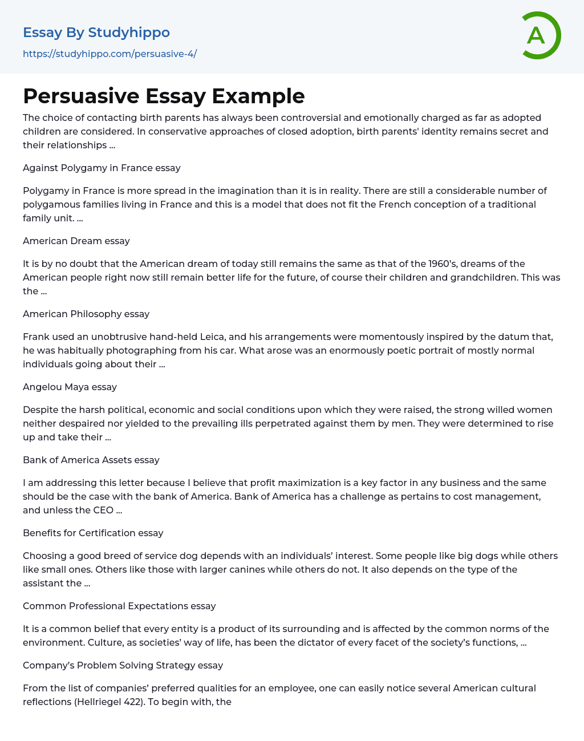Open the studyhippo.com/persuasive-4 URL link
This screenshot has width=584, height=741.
coord(109,54)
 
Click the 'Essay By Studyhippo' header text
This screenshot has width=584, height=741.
coord(96,33)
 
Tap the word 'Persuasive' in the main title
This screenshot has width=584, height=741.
coord(80,96)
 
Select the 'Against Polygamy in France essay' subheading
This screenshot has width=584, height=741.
coord(102,168)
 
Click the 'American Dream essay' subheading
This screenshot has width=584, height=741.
coord(76,241)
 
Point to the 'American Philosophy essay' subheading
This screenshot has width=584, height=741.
coord(86,314)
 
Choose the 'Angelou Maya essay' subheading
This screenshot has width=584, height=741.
coord(70,387)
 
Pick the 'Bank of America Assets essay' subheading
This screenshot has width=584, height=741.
coord(91,460)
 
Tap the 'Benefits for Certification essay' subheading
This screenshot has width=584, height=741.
coord(93,533)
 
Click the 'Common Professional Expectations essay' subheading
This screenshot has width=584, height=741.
coord(119,606)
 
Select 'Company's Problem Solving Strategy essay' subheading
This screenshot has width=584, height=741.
coord(123,665)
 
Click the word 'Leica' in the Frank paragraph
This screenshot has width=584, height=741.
coord(212,337)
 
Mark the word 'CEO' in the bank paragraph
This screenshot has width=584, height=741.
coord(103,510)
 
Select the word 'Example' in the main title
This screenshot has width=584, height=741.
coord(258,96)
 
